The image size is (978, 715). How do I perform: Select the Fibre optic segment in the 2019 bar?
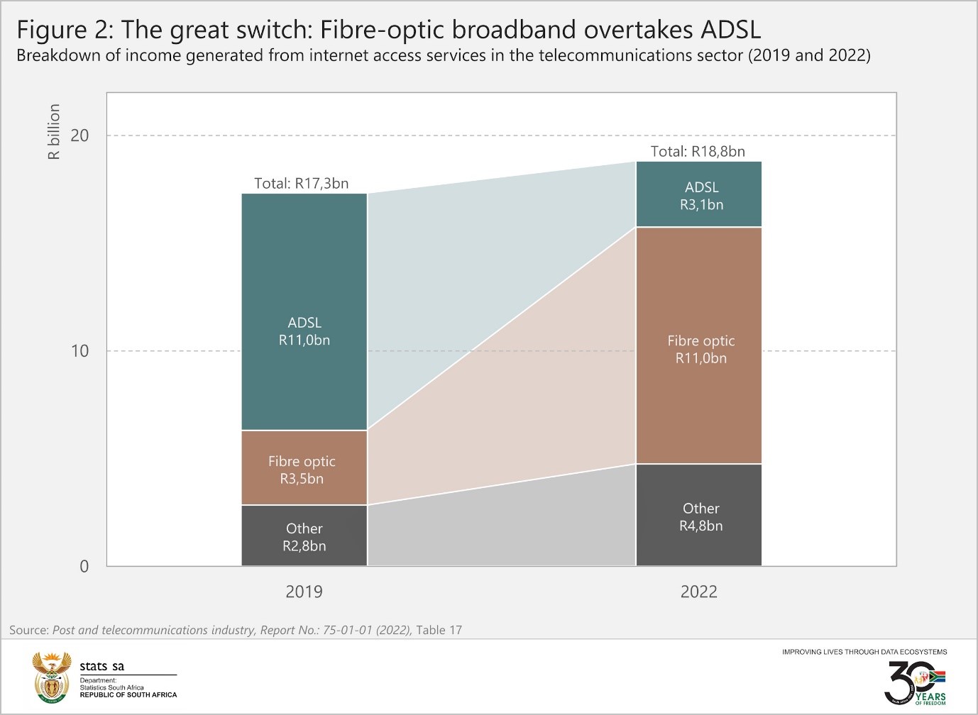[304, 468]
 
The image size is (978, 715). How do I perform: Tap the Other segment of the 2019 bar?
[304, 536]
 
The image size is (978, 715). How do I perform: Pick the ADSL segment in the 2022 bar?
[698, 195]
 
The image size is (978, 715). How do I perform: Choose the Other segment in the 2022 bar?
[698, 516]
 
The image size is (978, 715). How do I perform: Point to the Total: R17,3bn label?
[302, 183]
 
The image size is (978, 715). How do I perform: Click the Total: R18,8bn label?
[698, 151]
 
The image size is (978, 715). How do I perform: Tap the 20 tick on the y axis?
[80, 135]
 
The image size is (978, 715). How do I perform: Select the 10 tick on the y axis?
[80, 350]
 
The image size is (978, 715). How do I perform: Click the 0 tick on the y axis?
[84, 566]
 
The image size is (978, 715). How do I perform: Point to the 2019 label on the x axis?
[304, 592]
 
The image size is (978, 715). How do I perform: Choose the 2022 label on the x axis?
[698, 592]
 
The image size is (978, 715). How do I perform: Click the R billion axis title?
[54, 131]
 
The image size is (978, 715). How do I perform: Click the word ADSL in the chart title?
[730, 30]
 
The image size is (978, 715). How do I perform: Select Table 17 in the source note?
[439, 630]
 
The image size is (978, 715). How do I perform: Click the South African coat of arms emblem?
[53, 677]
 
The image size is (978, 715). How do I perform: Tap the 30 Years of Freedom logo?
[915, 682]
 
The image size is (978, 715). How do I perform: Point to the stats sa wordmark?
[101, 666]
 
